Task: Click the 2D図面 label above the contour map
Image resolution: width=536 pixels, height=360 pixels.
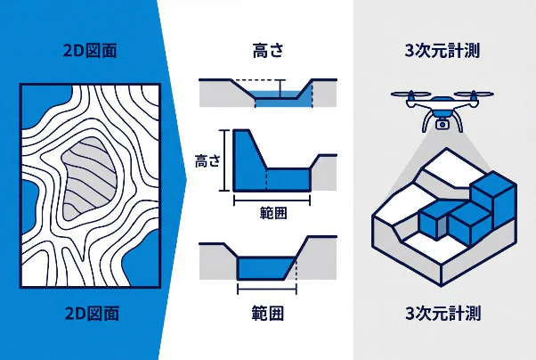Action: (x=90, y=51)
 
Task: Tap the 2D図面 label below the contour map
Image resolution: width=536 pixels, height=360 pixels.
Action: (x=92, y=313)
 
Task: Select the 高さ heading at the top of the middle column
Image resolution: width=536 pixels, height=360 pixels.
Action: (x=268, y=50)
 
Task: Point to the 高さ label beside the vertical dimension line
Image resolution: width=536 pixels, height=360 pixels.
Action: (x=207, y=160)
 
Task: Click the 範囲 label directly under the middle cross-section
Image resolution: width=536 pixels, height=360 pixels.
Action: (x=272, y=212)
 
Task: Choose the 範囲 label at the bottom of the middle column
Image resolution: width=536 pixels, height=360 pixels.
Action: (x=268, y=313)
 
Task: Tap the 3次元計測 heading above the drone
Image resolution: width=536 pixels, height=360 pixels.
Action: (x=443, y=51)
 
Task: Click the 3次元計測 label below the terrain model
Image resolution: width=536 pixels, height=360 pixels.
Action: (x=443, y=313)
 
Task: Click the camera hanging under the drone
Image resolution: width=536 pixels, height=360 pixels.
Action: (x=442, y=123)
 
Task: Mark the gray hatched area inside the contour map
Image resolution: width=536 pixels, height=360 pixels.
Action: (x=89, y=178)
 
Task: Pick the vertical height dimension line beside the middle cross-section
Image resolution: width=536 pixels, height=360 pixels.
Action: (x=224, y=160)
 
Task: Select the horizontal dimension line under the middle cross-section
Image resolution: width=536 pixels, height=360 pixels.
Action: (x=272, y=200)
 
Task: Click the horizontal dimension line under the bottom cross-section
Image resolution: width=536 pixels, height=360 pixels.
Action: (x=267, y=289)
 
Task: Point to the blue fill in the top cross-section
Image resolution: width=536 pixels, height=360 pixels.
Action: (x=279, y=99)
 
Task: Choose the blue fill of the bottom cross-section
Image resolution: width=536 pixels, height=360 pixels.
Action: (x=264, y=268)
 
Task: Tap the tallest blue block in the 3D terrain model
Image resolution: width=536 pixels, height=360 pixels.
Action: (x=493, y=199)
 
